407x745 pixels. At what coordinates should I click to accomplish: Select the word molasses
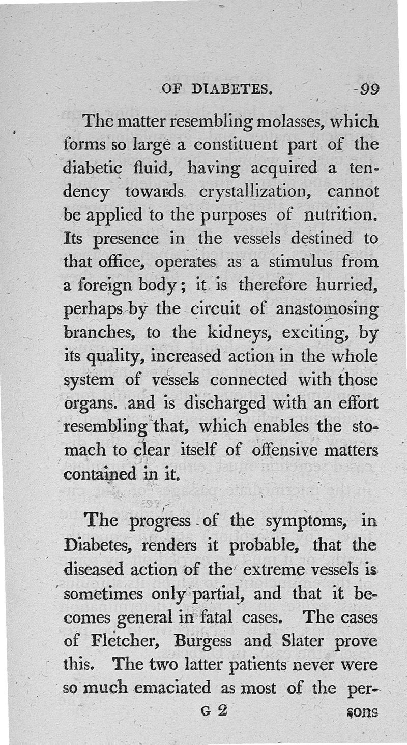[285, 122]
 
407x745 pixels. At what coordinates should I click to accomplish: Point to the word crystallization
[252, 192]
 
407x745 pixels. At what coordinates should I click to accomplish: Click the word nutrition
[340, 214]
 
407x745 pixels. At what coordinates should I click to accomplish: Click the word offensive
[289, 451]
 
